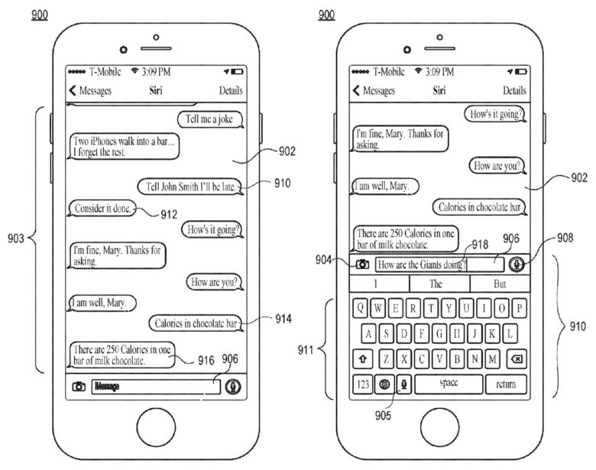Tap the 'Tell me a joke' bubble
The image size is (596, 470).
[210, 119]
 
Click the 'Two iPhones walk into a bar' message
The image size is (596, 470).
[125, 146]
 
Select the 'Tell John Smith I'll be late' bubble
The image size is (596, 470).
[189, 186]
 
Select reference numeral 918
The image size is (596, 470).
[480, 245]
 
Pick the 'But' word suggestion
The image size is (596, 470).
[500, 284]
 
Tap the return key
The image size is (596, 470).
[507, 384]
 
